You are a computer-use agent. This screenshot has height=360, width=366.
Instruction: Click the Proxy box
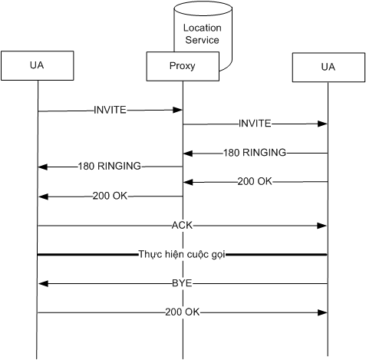coord(183,66)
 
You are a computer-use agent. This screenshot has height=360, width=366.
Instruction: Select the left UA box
coord(38,65)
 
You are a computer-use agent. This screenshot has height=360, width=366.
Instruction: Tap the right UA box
coord(328,68)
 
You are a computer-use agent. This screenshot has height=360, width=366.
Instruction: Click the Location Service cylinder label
coord(203,34)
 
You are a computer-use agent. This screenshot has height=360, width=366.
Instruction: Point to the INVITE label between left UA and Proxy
coord(110,110)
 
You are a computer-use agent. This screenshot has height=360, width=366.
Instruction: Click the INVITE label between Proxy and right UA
coord(255,124)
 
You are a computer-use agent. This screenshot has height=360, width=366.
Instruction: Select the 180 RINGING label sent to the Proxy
coord(255,153)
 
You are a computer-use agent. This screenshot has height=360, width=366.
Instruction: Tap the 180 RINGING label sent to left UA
coord(110,166)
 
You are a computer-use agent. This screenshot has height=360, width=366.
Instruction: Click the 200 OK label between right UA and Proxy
coord(255,181)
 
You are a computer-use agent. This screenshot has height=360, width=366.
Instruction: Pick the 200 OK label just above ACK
coord(110,196)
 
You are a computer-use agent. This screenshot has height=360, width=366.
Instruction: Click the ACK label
coord(182,226)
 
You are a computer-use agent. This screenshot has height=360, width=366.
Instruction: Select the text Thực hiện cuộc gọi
coord(182,255)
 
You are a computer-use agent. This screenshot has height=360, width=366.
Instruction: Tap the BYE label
coord(182,283)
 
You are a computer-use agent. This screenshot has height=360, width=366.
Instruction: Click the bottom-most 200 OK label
coord(182,312)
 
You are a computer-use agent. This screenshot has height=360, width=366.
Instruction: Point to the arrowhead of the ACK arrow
coord(322,226)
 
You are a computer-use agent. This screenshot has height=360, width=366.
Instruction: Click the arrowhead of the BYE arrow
coord(43,283)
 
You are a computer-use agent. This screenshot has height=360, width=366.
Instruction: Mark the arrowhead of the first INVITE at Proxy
coord(177,110)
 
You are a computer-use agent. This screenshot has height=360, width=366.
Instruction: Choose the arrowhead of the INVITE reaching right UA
coord(322,124)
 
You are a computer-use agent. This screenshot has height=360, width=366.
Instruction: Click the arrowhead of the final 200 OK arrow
coord(322,312)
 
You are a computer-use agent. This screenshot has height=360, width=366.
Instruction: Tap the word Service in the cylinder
coord(203,40)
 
